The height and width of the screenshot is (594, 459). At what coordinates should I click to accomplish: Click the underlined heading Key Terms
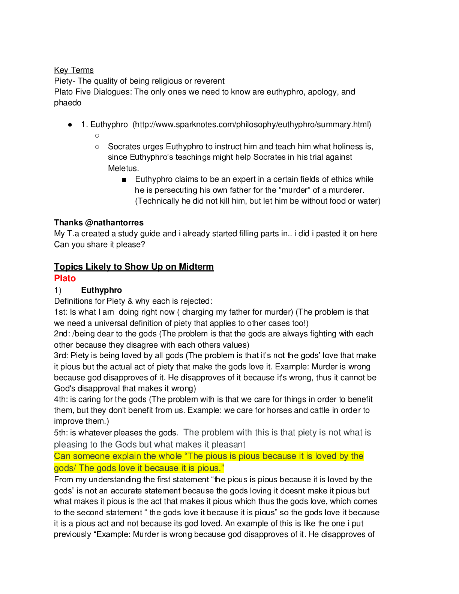point(74,70)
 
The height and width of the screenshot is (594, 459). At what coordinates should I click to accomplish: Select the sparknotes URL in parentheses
point(252,124)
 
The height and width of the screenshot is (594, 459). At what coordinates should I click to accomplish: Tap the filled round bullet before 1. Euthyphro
point(70,125)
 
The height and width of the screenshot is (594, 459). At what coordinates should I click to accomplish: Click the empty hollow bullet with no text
point(97,136)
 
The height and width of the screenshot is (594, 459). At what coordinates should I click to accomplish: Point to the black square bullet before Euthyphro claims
point(124,180)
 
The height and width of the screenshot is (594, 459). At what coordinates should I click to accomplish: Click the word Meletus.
point(123,168)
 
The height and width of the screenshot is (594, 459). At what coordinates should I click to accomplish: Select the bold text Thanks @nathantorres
point(99,222)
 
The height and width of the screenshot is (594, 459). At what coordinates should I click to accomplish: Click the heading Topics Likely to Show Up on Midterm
point(134,267)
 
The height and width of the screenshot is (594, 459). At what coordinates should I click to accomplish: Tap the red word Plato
point(65,278)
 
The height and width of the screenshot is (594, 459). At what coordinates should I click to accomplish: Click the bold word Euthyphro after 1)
point(101,290)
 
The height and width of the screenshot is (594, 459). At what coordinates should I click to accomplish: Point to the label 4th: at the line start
point(61,399)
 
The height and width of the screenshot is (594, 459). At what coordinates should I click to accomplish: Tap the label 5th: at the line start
point(61,433)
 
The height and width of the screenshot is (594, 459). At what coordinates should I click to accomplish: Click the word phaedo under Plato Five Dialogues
point(67,103)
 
